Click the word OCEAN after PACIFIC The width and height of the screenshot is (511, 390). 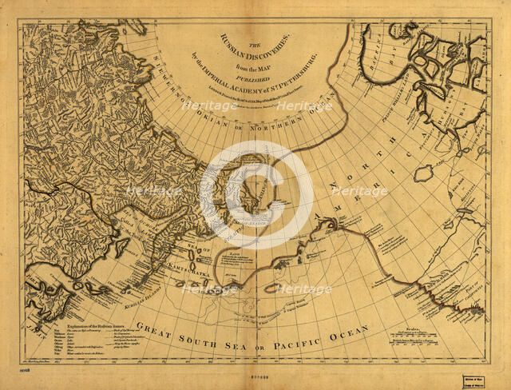(351, 329)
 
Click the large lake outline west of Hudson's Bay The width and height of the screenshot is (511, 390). (422, 173)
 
